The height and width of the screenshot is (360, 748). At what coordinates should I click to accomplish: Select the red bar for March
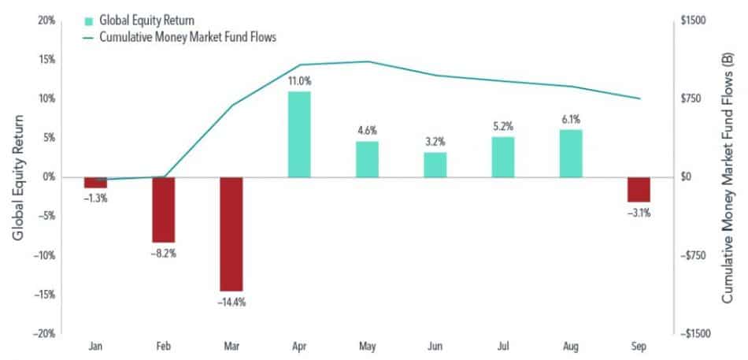231,234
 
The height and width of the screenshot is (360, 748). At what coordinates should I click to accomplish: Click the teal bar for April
299,134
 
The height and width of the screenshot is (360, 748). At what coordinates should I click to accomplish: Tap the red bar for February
164,210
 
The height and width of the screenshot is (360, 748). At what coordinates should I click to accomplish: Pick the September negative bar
639,190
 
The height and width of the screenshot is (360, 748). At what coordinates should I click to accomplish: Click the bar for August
571,154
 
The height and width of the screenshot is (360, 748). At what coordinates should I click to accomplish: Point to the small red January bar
95,183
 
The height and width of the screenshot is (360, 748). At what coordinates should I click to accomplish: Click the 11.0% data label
299,81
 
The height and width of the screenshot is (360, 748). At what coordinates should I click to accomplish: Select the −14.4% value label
231,302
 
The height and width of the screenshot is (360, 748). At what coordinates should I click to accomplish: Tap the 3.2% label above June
435,142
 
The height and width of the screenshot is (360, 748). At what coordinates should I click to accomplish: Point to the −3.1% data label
639,213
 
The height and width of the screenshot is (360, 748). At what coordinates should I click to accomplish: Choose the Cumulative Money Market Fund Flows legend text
188,37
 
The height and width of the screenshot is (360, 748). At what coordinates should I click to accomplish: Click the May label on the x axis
368,346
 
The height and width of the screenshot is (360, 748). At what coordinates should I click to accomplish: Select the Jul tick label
503,345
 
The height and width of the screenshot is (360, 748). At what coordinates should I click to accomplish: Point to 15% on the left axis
49,60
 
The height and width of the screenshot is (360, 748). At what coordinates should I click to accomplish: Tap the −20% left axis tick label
46,334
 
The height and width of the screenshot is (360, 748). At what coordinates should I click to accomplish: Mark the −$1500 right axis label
692,334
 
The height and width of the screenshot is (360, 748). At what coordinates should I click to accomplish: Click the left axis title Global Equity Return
17,177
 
